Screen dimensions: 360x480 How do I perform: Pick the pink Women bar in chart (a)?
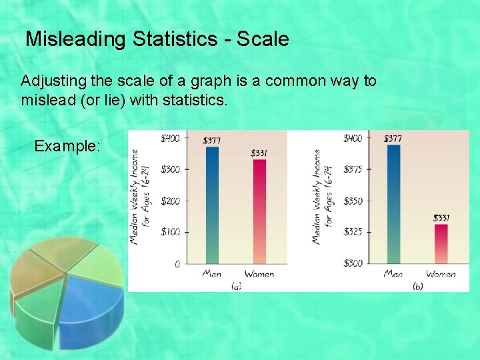259,212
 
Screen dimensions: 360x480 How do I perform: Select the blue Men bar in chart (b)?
393,204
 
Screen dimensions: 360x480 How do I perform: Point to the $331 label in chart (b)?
441,217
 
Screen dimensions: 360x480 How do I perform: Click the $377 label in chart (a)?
213,141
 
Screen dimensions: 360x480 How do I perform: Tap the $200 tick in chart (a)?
170,201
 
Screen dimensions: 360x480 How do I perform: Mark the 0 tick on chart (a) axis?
177,264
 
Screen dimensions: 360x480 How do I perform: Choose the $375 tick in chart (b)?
353,169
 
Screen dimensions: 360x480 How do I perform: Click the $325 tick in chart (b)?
353,232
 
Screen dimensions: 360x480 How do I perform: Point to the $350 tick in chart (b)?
353,201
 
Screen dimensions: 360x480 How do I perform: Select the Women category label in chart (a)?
259,274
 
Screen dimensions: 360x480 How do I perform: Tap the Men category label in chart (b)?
393,274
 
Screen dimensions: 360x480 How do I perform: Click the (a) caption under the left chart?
236,286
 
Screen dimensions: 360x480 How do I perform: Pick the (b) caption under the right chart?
417,286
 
